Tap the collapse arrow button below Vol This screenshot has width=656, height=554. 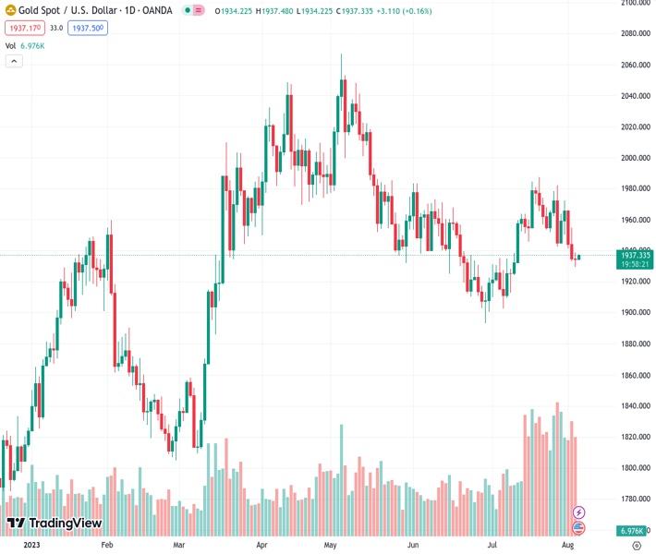14,61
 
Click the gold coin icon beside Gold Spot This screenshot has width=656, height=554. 11,10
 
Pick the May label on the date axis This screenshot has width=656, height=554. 330,546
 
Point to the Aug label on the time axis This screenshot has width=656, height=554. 567,546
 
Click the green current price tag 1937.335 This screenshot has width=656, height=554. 637,255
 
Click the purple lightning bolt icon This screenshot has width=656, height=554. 579,512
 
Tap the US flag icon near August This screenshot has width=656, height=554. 579,527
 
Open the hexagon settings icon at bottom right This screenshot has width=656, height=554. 636,546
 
